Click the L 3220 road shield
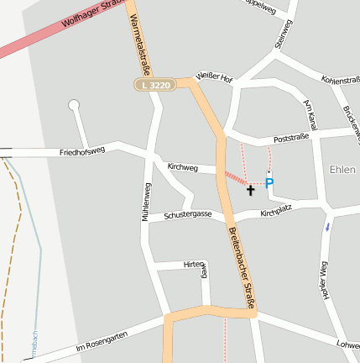156,85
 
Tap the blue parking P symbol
269,182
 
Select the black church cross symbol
250,191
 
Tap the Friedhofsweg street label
82,152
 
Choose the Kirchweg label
182,168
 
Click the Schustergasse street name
187,215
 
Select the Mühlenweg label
147,202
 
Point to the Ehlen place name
344,168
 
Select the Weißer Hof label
214,76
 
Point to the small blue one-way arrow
327,226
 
